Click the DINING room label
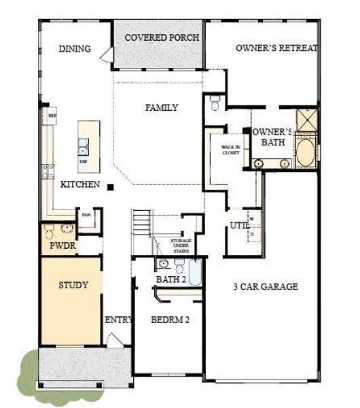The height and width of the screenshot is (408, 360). coord(75,49)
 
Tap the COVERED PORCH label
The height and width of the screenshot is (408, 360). coord(162,37)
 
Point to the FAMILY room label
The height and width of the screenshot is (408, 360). coord(162,107)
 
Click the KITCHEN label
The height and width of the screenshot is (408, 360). coord(81,184)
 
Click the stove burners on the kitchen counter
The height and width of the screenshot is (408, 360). coord(48,171)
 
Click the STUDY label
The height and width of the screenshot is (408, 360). coord(73,285)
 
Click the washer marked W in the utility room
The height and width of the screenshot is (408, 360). coord(251,219)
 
